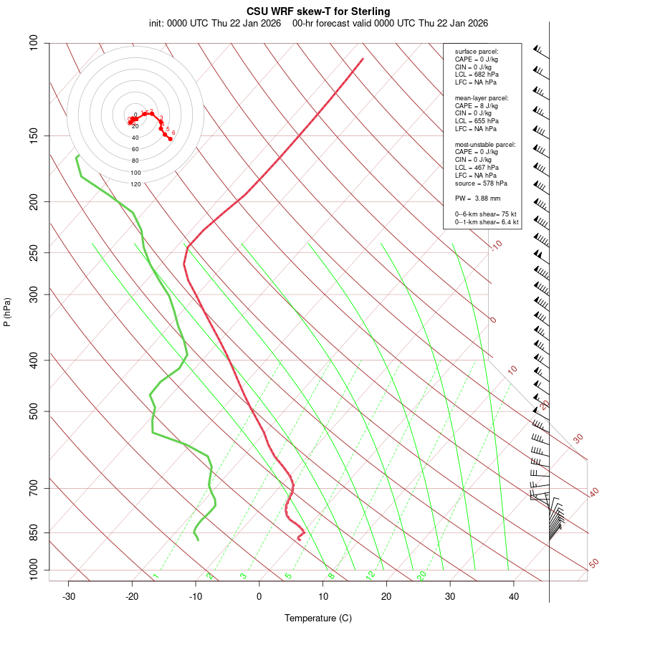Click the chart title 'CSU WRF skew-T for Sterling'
pyautogui.click(x=318, y=11)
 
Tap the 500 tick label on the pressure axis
pyautogui.click(x=34, y=411)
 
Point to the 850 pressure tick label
pyautogui.click(x=34, y=532)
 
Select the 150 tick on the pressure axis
pyautogui.click(x=34, y=135)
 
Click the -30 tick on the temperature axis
pyautogui.click(x=69, y=596)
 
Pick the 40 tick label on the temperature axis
pyautogui.click(x=514, y=596)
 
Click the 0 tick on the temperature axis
pyautogui.click(x=259, y=596)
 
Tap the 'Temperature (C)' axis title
pyautogui.click(x=318, y=618)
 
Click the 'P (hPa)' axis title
pyautogui.click(x=7, y=312)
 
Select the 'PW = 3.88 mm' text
pyautogui.click(x=477, y=199)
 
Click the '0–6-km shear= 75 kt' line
pyautogui.click(x=486, y=214)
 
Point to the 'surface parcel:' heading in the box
pyautogui.click(x=477, y=52)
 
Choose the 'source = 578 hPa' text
pyautogui.click(x=481, y=183)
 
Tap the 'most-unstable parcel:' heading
pyautogui.click(x=485, y=145)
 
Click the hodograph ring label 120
pyautogui.click(x=135, y=184)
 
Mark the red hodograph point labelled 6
pyautogui.click(x=171, y=138)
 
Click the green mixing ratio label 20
pyautogui.click(x=421, y=575)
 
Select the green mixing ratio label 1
pyautogui.click(x=156, y=575)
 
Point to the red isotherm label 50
pyautogui.click(x=593, y=564)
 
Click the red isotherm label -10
pyautogui.click(x=496, y=245)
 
